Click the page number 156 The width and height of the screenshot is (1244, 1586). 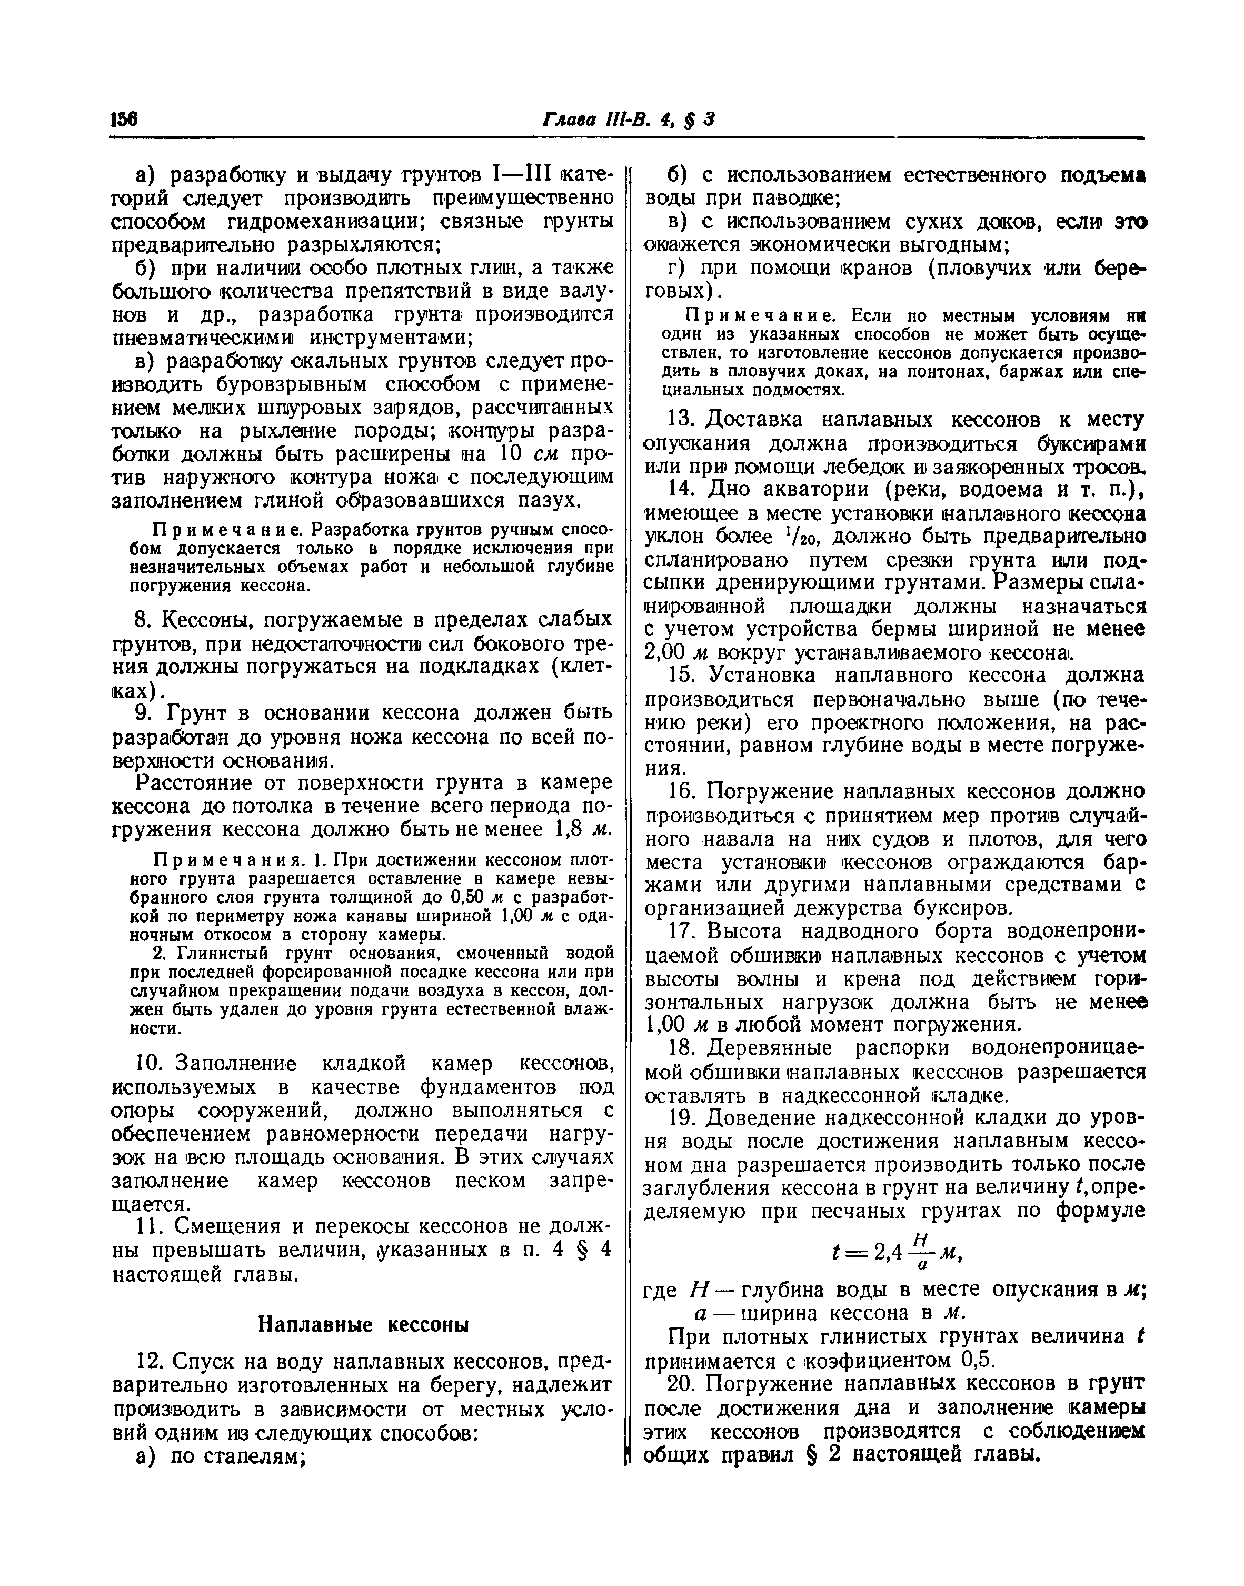124,120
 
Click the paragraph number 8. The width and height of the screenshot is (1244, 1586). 143,620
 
